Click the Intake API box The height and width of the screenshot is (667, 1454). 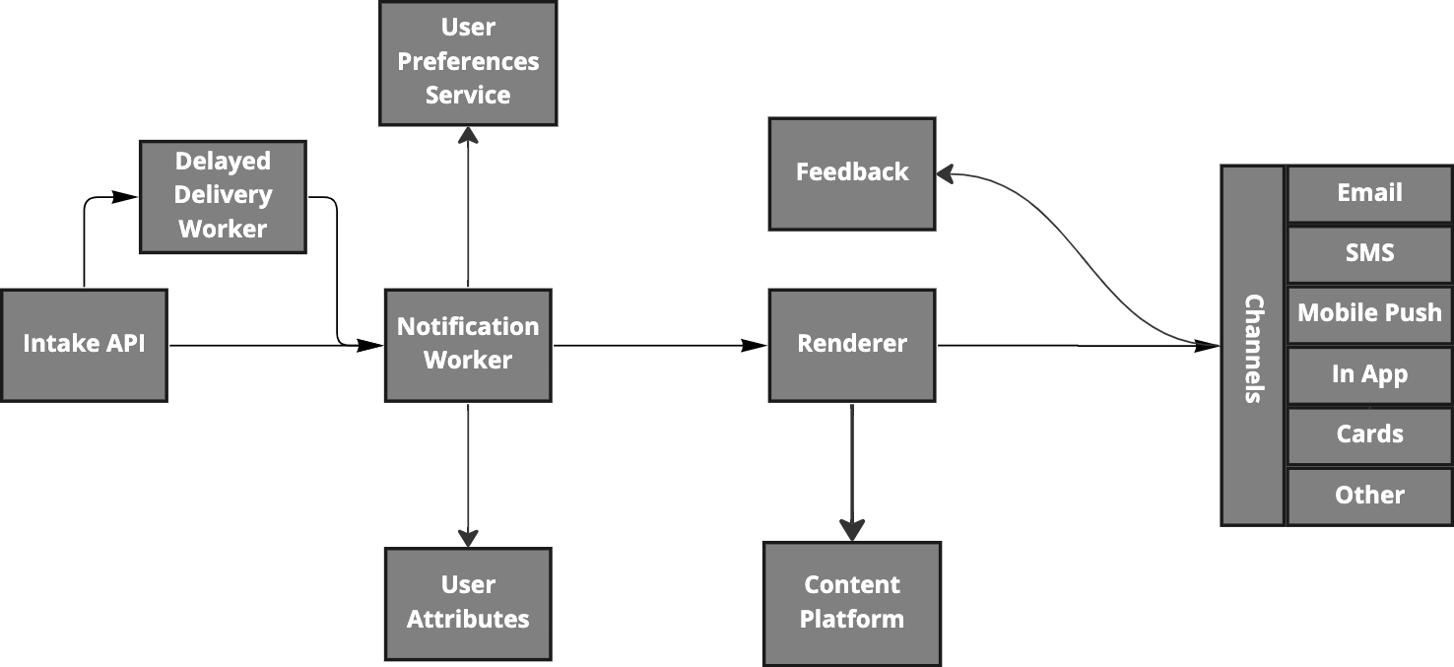pos(84,345)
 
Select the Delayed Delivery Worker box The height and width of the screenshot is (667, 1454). pos(223,196)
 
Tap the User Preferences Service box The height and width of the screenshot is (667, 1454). pos(468,63)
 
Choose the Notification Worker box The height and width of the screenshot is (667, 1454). pos(468,345)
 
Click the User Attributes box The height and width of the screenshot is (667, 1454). pos(468,603)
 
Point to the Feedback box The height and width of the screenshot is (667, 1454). pos(852,173)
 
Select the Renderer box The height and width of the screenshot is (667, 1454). pos(852,345)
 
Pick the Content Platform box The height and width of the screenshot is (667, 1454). pos(852,603)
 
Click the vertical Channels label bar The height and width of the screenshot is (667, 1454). pos(1253,345)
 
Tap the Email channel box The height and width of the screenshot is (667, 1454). pos(1369,193)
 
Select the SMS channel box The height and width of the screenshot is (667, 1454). pos(1369,254)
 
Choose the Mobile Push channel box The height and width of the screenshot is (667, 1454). pos(1369,314)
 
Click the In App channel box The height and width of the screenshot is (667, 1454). pos(1369,375)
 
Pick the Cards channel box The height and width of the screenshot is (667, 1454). pos(1369,435)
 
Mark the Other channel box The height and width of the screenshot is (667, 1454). pos(1369,497)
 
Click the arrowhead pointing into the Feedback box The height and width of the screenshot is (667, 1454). pos(944,174)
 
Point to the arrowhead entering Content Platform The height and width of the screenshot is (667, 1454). pos(852,530)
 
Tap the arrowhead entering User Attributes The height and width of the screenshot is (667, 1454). pos(468,537)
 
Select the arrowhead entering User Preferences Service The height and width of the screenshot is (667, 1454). pos(468,135)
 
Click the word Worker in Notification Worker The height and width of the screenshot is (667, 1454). pos(468,361)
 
